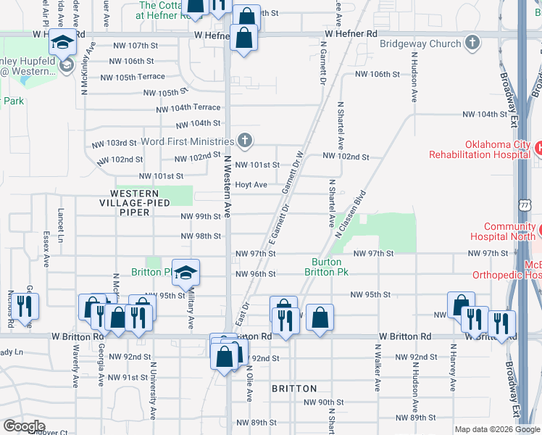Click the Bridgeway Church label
[x=420, y=43]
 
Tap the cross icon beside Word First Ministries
[x=246, y=140]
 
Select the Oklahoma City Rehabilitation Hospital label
[x=478, y=149]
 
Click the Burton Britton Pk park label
[x=330, y=267]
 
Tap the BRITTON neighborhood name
[x=294, y=389]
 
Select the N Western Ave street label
[x=227, y=186]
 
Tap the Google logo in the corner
[x=23, y=426]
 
